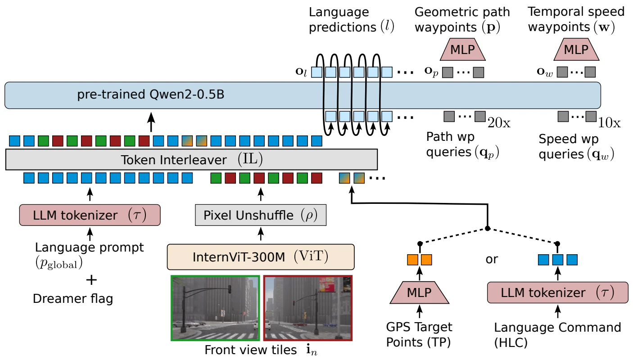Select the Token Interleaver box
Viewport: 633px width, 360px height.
click(191, 159)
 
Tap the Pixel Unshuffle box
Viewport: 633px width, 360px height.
click(260, 216)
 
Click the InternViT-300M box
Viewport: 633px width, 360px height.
click(260, 257)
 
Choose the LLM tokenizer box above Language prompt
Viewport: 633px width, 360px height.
click(90, 216)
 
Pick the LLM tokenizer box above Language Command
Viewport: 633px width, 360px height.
click(557, 293)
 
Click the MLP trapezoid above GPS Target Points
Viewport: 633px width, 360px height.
click(420, 293)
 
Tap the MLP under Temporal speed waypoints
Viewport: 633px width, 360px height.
click(576, 49)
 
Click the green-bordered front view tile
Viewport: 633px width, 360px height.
click(215, 308)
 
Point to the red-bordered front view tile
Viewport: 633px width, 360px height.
click(308, 308)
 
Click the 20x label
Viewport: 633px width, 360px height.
click(499, 122)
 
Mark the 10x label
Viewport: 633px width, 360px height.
click(610, 122)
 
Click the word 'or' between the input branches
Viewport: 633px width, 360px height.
click(492, 260)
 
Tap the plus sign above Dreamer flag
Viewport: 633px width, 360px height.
click(91, 280)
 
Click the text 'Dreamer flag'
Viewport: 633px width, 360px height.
click(73, 298)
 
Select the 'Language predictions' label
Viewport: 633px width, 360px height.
click(343, 19)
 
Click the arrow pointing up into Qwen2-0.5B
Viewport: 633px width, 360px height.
click(151, 121)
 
